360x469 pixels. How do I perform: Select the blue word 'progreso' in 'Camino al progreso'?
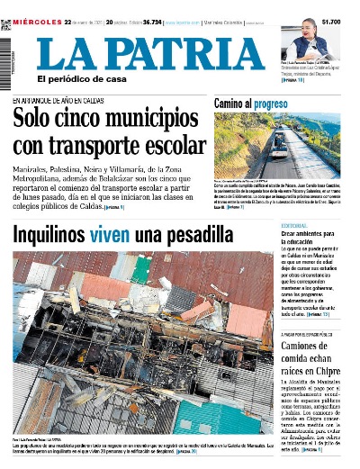[x=270, y=104]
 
